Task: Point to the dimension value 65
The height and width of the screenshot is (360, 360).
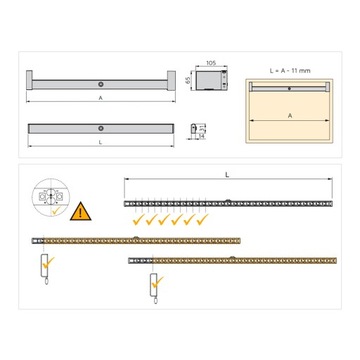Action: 187,78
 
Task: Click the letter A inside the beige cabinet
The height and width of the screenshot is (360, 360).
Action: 289,116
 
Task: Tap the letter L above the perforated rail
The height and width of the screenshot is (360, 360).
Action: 228,175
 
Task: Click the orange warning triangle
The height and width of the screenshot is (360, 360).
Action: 78,211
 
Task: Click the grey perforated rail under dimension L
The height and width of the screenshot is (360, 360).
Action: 228,203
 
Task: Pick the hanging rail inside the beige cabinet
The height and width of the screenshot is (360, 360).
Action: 289,88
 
